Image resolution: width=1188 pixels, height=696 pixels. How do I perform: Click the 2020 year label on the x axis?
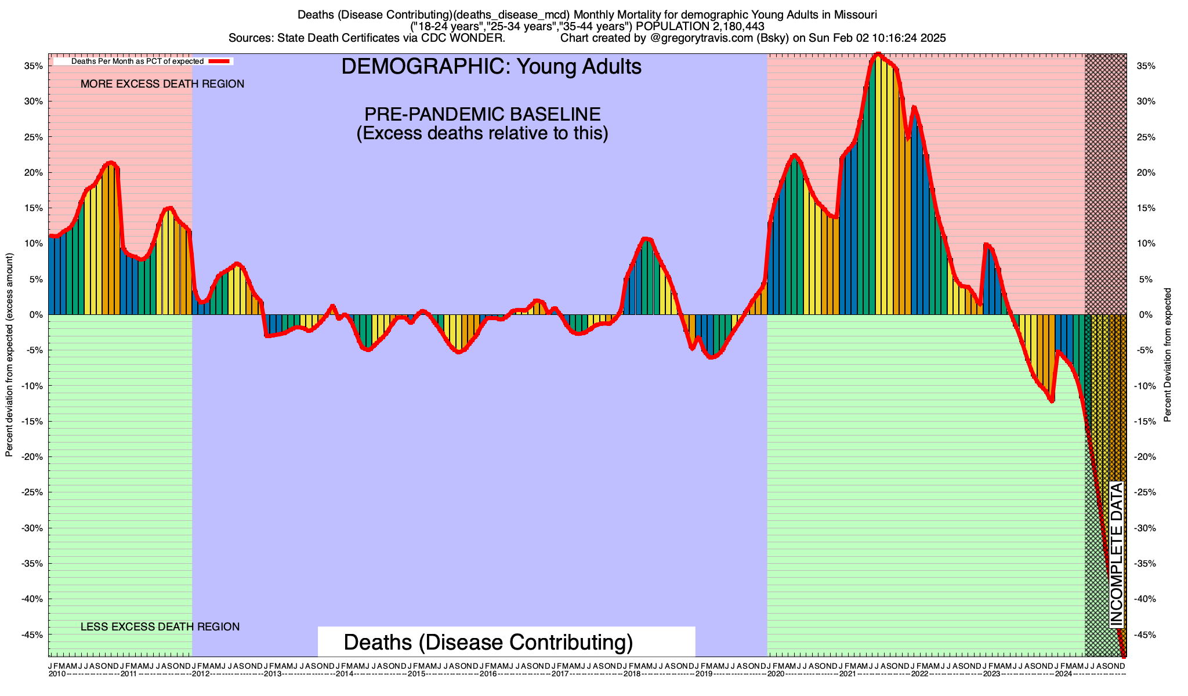pyautogui.click(x=776, y=674)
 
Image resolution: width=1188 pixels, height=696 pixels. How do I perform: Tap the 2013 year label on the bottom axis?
pyautogui.click(x=273, y=674)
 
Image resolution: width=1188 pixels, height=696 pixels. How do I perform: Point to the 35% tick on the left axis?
pyautogui.click(x=34, y=66)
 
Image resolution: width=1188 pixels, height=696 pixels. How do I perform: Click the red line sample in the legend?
pyautogui.click(x=220, y=61)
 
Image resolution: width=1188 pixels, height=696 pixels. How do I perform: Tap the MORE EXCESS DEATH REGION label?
pyautogui.click(x=162, y=84)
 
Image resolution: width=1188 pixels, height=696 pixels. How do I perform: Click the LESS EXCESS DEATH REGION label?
pyautogui.click(x=160, y=627)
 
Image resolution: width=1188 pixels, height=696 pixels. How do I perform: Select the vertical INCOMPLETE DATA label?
pyautogui.click(x=1117, y=554)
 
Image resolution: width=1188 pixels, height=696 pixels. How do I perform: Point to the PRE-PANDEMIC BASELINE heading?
pyautogui.click(x=482, y=114)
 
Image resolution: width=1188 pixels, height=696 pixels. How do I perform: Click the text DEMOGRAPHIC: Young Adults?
pyautogui.click(x=491, y=67)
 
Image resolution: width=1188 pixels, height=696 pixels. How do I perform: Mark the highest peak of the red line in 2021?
pyautogui.click(x=878, y=55)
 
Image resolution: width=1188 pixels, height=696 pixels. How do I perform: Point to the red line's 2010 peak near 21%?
pyautogui.click(x=110, y=163)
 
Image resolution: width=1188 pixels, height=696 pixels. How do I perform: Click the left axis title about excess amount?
pyautogui.click(x=9, y=355)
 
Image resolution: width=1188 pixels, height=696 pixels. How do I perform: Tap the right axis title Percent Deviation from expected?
pyautogui.click(x=1168, y=355)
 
